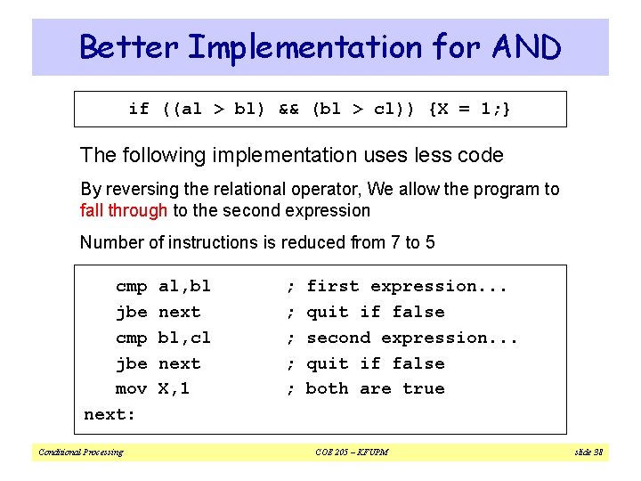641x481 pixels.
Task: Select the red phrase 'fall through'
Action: click(124, 211)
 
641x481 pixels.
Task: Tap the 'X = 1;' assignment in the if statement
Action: click(470, 109)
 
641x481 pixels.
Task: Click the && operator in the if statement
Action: click(288, 109)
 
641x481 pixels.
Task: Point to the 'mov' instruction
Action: click(131, 388)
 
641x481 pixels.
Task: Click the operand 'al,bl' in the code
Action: click(184, 286)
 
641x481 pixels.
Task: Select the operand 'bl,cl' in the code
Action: click(184, 338)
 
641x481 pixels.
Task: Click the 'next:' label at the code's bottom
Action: click(109, 414)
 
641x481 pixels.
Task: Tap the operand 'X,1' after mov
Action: click(174, 388)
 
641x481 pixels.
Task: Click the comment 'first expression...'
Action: click(407, 286)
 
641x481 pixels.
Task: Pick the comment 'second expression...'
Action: click(412, 338)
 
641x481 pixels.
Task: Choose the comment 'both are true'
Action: click(375, 388)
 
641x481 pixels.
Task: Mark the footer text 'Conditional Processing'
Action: click(80, 452)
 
